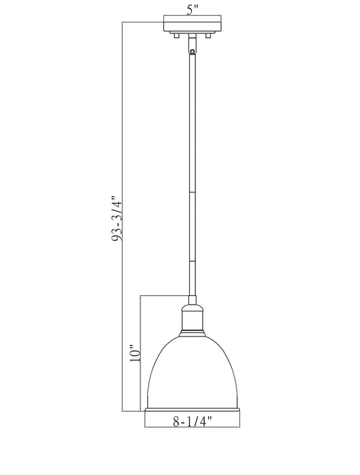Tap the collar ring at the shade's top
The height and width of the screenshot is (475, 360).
pyautogui.click(x=191, y=332)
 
